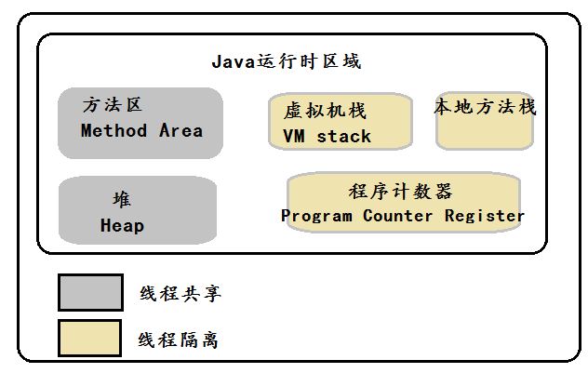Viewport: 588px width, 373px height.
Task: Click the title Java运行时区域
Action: [287, 61]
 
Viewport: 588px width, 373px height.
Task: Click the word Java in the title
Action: [234, 61]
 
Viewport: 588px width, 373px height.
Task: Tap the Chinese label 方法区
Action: [113, 104]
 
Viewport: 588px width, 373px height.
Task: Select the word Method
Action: [114, 130]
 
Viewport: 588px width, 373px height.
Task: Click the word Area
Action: [181, 130]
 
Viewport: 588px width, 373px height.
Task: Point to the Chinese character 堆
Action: [122, 199]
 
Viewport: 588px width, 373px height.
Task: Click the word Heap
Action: [122, 226]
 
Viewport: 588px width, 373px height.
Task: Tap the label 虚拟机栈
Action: [325, 111]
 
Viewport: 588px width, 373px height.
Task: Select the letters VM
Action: [294, 136]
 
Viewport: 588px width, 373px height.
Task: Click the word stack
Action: [344, 136]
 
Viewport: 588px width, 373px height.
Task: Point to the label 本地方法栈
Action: [486, 106]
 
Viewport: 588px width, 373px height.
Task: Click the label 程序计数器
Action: [400, 192]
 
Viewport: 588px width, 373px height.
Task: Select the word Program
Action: [317, 216]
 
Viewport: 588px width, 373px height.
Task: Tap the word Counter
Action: [398, 216]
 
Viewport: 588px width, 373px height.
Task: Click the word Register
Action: [485, 216]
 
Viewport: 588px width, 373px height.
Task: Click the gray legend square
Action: [91, 292]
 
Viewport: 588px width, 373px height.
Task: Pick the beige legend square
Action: [89, 338]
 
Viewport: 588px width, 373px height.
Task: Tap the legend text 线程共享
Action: [180, 293]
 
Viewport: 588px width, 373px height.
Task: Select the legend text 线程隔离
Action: [178, 340]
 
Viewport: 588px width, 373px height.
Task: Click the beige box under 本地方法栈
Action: [485, 131]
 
